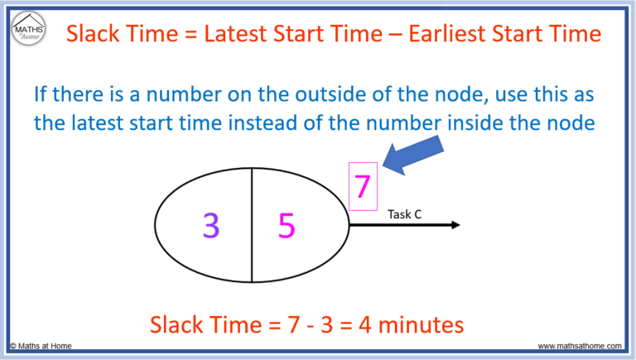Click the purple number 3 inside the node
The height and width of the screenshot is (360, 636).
[212, 224]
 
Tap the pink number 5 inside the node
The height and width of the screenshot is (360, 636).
[287, 225]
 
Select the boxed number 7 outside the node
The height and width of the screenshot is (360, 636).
[362, 186]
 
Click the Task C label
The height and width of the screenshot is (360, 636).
[405, 214]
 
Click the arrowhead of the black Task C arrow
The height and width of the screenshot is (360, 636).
[454, 224]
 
